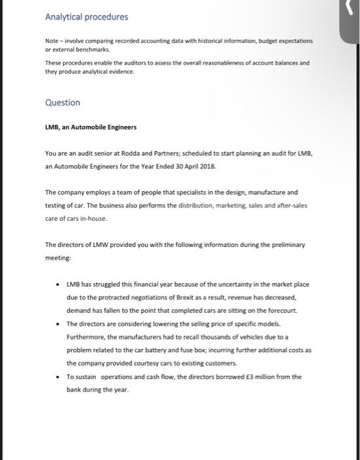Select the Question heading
[62, 103]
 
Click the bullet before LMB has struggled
[59, 284]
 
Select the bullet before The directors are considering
[59, 324]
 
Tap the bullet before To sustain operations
[59, 377]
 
